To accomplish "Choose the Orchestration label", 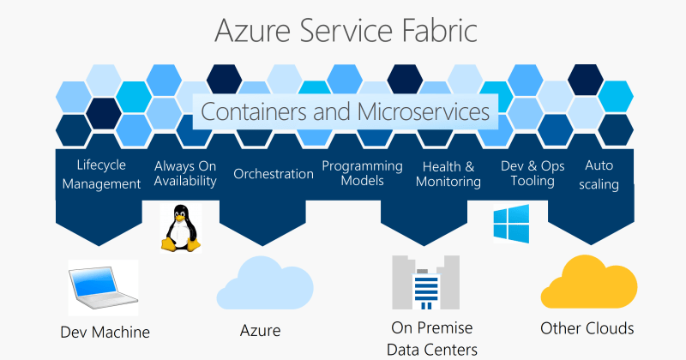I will tap(274, 174).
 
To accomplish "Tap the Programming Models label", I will tap(362, 174).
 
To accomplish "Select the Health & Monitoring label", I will tap(448, 174).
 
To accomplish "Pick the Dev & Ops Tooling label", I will tap(533, 174).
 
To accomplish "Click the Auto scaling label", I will tap(599, 174).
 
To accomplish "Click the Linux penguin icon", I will tap(182, 227).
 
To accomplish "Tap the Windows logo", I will tap(511, 223).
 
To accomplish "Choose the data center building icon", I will tap(426, 283).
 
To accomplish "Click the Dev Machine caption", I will tap(105, 333).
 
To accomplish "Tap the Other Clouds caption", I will tap(587, 328).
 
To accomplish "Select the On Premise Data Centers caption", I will tap(432, 339).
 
